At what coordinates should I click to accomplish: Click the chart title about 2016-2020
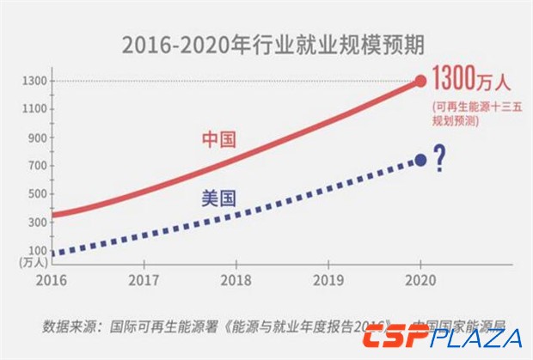click(267, 44)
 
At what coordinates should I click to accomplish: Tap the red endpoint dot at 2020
click(420, 81)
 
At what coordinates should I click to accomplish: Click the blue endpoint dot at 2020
click(420, 160)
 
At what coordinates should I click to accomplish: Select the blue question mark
click(440, 158)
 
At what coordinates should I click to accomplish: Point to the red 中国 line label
click(218, 139)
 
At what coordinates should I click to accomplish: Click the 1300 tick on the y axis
click(35, 81)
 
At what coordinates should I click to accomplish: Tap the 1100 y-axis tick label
click(35, 109)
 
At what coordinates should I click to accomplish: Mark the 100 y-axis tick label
click(38, 252)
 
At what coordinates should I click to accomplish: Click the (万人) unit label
click(34, 264)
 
